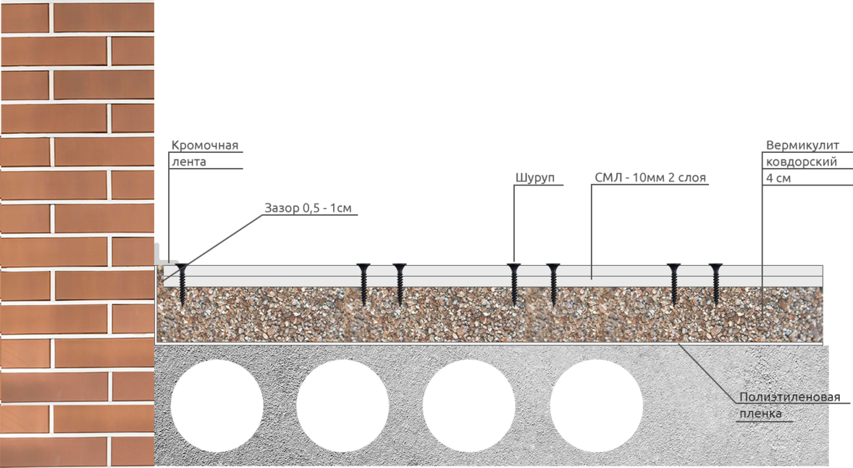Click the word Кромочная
point(204,146)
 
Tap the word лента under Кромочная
point(189,162)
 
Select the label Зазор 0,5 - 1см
point(308,208)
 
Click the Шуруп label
point(535,178)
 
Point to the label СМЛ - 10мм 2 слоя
point(650,178)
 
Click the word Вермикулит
point(802,146)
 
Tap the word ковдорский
point(802,162)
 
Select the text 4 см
point(778,178)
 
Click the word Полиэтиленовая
point(789,398)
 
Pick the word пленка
point(760,414)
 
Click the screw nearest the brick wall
point(182,283)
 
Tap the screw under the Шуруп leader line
point(513,283)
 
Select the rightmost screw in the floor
point(715,283)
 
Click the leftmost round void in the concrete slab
point(217,406)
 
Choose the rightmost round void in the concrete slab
point(596,406)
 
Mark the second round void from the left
point(343,406)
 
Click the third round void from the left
point(469,406)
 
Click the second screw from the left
point(363,283)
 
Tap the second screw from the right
point(673,283)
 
